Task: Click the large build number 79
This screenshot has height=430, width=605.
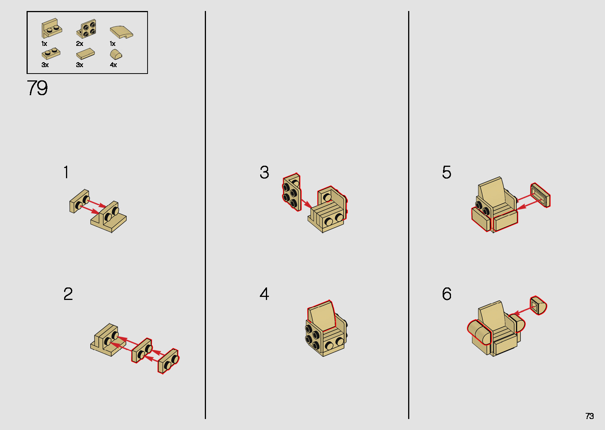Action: point(37,88)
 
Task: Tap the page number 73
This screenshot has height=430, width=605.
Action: point(589,416)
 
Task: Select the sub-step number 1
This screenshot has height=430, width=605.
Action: point(66,172)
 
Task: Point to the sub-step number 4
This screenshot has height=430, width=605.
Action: point(264,294)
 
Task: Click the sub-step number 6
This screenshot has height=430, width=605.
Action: point(446,294)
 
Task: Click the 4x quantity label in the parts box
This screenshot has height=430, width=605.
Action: point(113,65)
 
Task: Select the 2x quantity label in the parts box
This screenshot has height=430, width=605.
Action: point(79,44)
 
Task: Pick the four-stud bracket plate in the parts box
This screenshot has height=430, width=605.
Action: point(87,29)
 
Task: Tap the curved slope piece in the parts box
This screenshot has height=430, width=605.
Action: point(121,32)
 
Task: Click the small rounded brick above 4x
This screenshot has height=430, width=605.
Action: point(116,55)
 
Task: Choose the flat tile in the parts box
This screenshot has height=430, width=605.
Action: point(86,54)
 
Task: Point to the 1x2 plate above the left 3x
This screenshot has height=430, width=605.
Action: point(51,53)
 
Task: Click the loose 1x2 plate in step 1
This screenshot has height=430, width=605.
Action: point(80,201)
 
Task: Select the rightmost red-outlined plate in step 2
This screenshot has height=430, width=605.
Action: point(168,361)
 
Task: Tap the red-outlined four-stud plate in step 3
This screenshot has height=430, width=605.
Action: point(291,193)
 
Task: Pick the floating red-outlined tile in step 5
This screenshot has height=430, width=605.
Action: point(540,195)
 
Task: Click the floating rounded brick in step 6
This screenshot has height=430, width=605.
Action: point(538,305)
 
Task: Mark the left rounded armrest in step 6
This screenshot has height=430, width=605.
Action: point(479,332)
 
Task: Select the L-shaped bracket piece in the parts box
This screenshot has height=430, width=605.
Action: point(51,28)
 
